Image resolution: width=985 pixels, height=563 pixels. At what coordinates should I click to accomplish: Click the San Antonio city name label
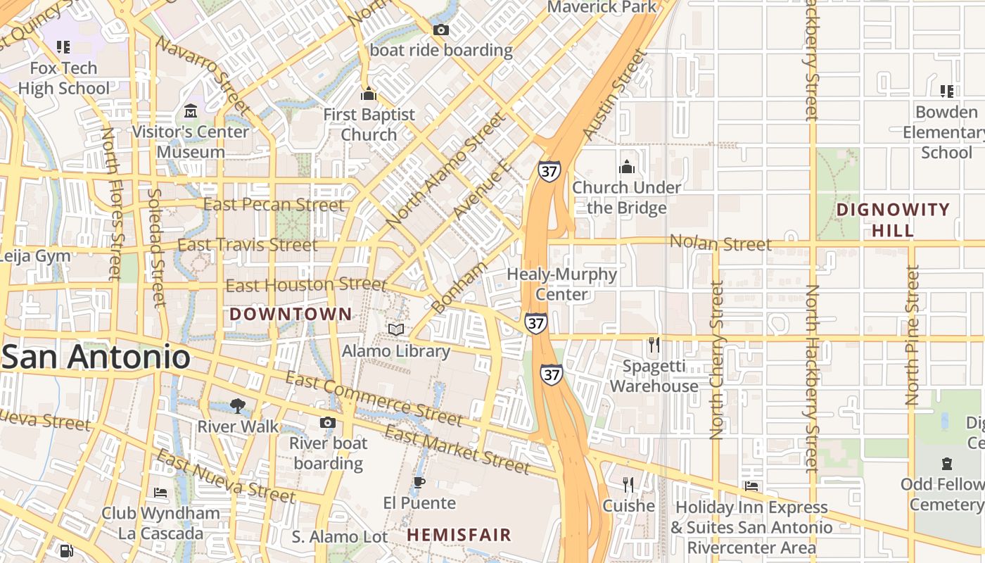click(96, 357)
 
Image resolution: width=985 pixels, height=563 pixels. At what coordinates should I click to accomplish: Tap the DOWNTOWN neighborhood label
click(291, 314)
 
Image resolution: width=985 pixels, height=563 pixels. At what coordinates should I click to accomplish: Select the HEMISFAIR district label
click(459, 535)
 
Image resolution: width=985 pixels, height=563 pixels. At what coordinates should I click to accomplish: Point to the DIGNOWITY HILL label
click(894, 220)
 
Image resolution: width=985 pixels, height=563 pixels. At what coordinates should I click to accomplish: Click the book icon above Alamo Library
click(396, 329)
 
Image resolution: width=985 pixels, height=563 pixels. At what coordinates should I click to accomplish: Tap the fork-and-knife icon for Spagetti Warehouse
click(654, 345)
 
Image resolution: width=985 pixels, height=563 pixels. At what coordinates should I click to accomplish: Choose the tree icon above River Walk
click(238, 405)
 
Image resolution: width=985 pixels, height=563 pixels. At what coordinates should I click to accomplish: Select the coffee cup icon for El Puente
click(419, 482)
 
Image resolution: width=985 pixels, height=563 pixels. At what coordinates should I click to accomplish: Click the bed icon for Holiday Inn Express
click(751, 486)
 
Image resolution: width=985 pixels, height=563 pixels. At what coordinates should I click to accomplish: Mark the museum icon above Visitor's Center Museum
click(191, 111)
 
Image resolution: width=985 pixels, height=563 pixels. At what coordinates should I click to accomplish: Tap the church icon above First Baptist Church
click(369, 94)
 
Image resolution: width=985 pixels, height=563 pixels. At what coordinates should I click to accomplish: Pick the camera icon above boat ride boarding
click(441, 30)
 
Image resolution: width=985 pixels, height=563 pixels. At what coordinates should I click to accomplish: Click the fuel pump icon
click(66, 551)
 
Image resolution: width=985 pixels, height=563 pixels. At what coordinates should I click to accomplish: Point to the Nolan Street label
click(720, 243)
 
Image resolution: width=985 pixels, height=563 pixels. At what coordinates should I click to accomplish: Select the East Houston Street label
click(306, 285)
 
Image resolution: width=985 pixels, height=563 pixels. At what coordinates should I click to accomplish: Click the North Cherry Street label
click(717, 360)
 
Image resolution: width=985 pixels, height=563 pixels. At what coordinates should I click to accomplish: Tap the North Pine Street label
click(913, 335)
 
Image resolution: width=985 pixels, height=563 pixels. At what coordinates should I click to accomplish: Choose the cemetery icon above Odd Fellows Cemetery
click(946, 464)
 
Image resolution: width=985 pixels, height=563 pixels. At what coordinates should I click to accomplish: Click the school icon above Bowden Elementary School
click(946, 91)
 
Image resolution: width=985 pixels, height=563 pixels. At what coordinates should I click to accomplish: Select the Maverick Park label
click(602, 7)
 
